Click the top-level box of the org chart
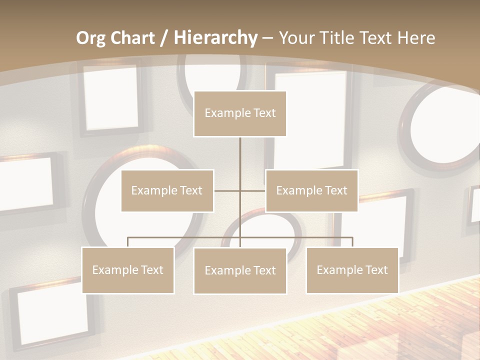tap(240, 113)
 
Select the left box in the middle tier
tap(167, 190)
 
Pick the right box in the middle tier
tap(311, 190)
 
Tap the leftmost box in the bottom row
tap(128, 270)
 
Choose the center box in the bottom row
tap(240, 270)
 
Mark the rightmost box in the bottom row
tap(352, 270)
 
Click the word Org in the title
tap(90, 38)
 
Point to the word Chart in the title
tap(132, 38)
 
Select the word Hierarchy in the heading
tap(215, 38)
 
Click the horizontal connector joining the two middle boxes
tap(227, 190)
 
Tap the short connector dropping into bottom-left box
tap(128, 242)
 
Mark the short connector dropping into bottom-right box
tap(352, 242)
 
